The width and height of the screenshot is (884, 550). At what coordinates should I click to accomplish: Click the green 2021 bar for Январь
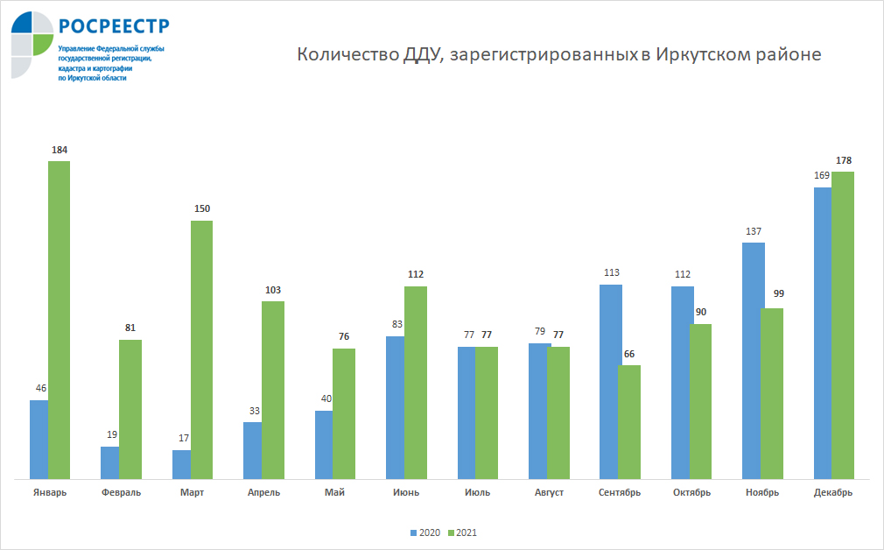59,320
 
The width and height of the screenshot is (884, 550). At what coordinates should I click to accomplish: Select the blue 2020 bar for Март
181,464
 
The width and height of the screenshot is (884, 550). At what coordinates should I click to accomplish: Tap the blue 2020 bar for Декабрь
822,333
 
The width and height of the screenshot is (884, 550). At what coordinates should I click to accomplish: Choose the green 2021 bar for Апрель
273,390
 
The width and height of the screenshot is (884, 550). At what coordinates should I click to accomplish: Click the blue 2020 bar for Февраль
109,462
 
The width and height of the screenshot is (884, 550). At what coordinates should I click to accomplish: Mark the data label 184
60,150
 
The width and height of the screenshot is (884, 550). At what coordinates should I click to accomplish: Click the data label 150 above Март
202,208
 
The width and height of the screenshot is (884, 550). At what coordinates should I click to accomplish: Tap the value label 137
754,231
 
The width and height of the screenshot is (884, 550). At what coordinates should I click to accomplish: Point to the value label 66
628,354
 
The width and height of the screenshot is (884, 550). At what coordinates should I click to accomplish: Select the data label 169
822,175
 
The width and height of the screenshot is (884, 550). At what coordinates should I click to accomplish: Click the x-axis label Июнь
406,493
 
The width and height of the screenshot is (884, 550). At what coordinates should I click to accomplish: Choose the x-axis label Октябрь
691,493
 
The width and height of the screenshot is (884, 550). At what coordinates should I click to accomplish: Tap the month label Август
549,493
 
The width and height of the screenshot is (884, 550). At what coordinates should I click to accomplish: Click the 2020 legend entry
424,532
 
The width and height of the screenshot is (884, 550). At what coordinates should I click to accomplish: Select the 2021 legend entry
461,532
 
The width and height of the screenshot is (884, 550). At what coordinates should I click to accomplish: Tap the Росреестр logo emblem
32,44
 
